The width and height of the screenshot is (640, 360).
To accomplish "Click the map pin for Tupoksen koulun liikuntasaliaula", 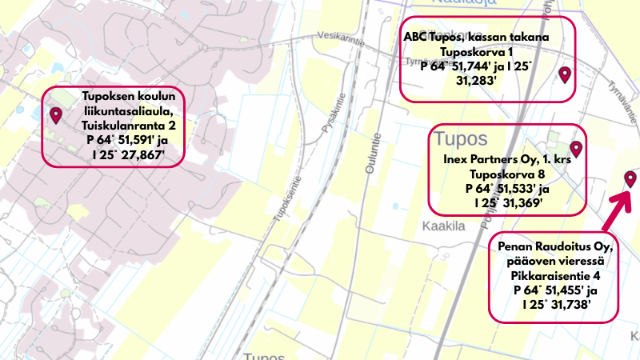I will point(56,115).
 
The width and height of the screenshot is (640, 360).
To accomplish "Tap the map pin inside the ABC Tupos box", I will point(565,74).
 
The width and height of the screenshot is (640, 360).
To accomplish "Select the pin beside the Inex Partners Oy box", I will point(575,148).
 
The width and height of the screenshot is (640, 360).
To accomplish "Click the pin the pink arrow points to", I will point(630,178).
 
